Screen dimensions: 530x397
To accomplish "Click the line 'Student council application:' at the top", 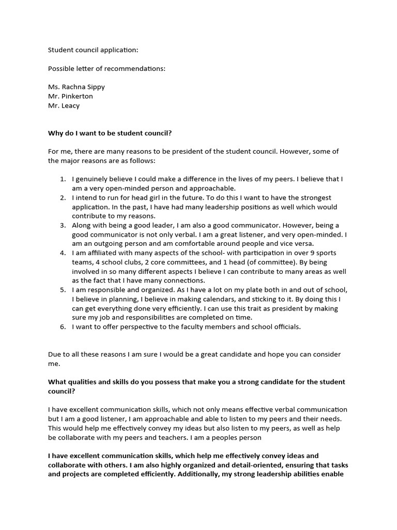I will (93, 50).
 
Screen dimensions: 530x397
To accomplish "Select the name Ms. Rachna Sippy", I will (77, 86).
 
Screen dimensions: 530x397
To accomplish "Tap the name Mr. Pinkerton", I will (70, 96).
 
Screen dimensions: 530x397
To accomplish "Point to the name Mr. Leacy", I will (64, 106).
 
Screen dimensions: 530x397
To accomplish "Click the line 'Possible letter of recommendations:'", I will (106, 68).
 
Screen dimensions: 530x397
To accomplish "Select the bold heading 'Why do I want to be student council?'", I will (110, 133).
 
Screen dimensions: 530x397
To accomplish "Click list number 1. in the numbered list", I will (63, 179).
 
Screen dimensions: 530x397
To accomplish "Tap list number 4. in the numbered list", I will (63, 253).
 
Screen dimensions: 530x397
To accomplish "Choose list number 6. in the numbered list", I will (63, 327).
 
